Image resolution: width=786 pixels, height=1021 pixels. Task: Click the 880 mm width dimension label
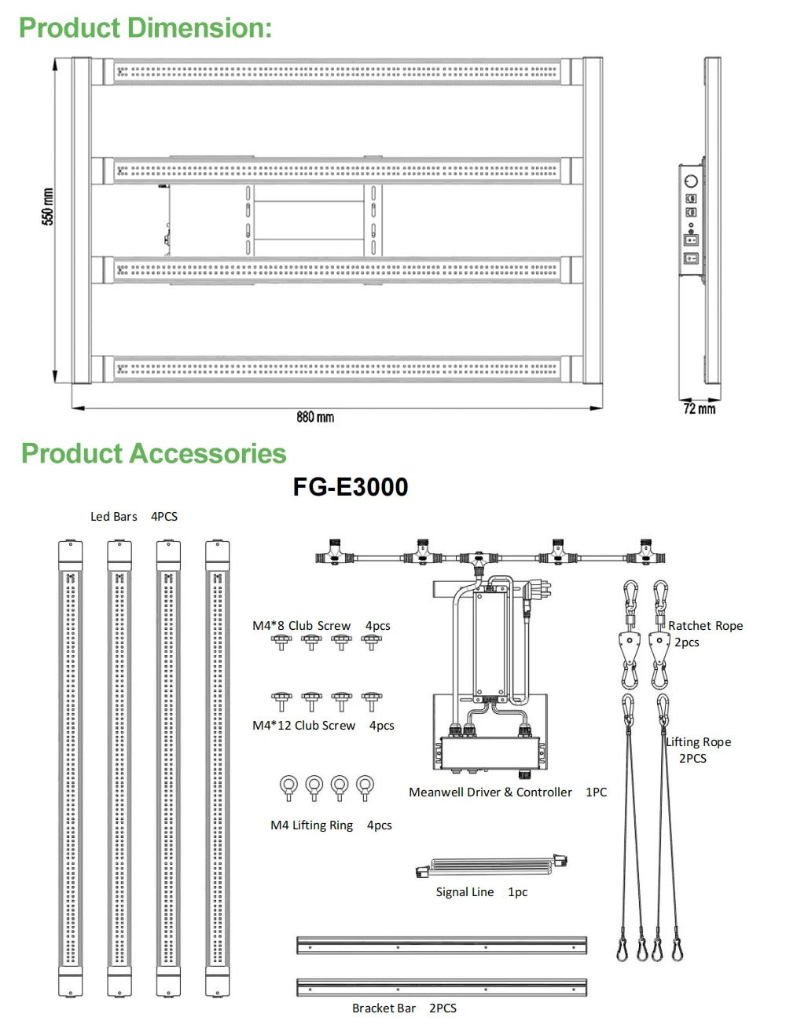click(x=315, y=417)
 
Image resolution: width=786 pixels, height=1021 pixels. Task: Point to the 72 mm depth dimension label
click(x=699, y=408)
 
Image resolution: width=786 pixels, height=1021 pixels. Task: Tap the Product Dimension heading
click(x=145, y=27)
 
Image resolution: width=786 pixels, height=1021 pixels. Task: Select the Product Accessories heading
click(x=154, y=453)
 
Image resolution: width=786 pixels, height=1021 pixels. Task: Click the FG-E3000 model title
click(x=351, y=487)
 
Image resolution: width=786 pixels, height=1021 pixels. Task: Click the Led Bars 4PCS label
click(x=134, y=516)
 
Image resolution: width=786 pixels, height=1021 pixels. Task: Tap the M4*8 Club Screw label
click(x=302, y=626)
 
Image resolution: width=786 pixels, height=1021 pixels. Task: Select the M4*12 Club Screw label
click(x=304, y=726)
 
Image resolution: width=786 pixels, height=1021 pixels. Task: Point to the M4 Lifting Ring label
click(x=312, y=825)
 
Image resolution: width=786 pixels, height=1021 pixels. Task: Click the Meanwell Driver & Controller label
click(x=490, y=792)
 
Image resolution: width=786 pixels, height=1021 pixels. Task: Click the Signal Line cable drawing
click(x=490, y=868)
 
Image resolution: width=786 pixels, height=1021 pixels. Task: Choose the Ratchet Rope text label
click(x=705, y=626)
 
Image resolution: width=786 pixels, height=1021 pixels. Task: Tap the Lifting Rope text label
click(x=698, y=742)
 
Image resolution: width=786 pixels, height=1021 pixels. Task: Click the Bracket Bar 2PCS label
click(x=404, y=1008)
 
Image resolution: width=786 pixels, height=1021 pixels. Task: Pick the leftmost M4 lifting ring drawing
click(x=288, y=787)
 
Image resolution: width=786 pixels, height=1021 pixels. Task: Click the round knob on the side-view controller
click(x=692, y=181)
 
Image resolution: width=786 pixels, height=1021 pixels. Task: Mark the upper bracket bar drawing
click(x=442, y=944)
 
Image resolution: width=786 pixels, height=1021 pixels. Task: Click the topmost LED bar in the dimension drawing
click(x=338, y=71)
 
